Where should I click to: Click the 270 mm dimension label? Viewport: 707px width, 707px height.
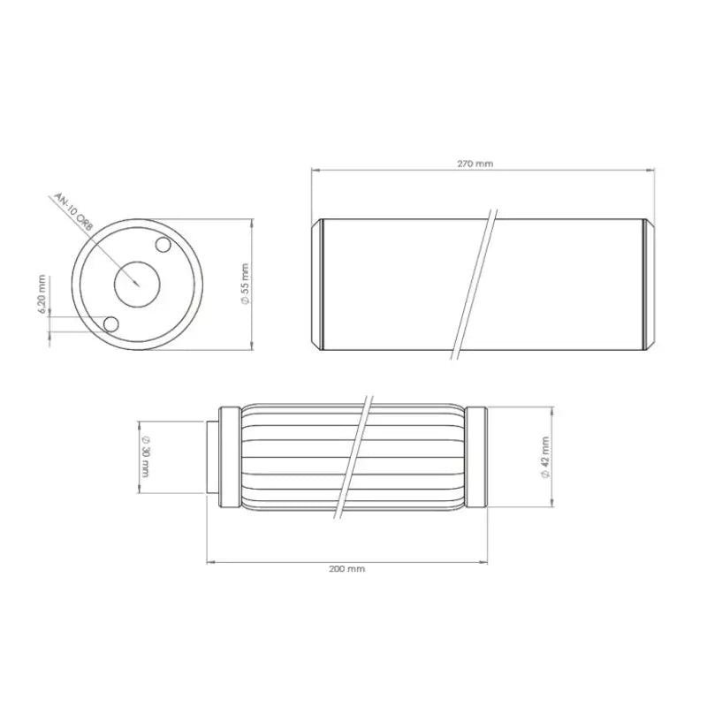[x=475, y=163]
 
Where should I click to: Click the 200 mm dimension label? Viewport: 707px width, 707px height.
[x=346, y=569]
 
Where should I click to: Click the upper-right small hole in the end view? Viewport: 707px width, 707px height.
[x=163, y=245]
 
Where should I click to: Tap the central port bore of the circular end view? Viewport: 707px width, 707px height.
[x=137, y=285]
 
